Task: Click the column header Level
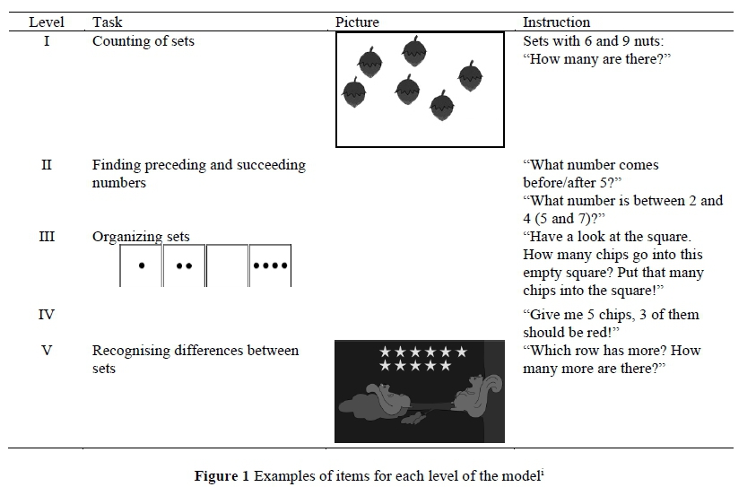pos(47,22)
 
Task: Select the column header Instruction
pos(556,22)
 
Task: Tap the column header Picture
pos(357,22)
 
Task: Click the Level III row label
pos(47,237)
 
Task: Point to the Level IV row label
pos(47,314)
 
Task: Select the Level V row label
pos(47,350)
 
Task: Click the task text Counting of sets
pos(143,40)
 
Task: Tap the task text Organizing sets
pos(141,237)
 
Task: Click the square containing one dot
pos(141,265)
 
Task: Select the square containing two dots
pos(184,265)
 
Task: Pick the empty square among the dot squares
pos(227,265)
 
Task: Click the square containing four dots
pos(270,265)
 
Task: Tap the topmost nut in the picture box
pos(414,52)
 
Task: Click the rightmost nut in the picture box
pos(470,76)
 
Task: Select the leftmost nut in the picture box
pos(354,91)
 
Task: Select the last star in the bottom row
pos(447,366)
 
